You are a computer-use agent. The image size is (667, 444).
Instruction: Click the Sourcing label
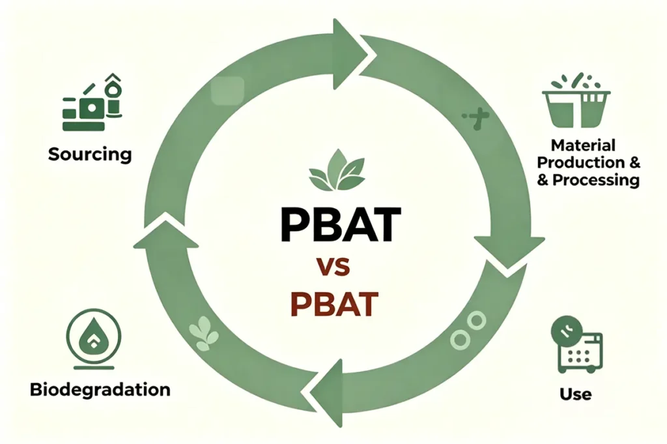(x=89, y=155)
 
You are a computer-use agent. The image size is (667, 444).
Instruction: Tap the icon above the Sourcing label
(x=92, y=104)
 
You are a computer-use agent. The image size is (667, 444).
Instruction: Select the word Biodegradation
(x=100, y=390)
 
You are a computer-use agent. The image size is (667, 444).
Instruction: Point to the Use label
(x=575, y=394)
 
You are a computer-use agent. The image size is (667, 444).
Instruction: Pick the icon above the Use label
(x=576, y=346)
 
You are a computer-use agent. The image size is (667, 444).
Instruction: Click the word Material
(x=583, y=145)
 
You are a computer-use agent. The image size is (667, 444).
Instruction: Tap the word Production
(x=578, y=162)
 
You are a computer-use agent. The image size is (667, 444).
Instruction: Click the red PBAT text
(x=334, y=303)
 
